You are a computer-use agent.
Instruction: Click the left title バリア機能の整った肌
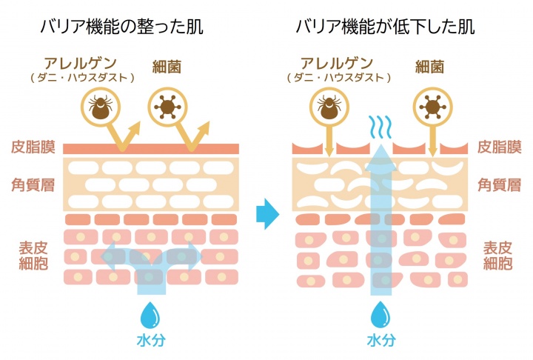click(x=123, y=28)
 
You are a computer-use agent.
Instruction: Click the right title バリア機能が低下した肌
click(x=385, y=28)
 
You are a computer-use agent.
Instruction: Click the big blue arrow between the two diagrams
click(x=267, y=215)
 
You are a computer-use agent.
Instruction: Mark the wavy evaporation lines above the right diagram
click(x=381, y=126)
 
